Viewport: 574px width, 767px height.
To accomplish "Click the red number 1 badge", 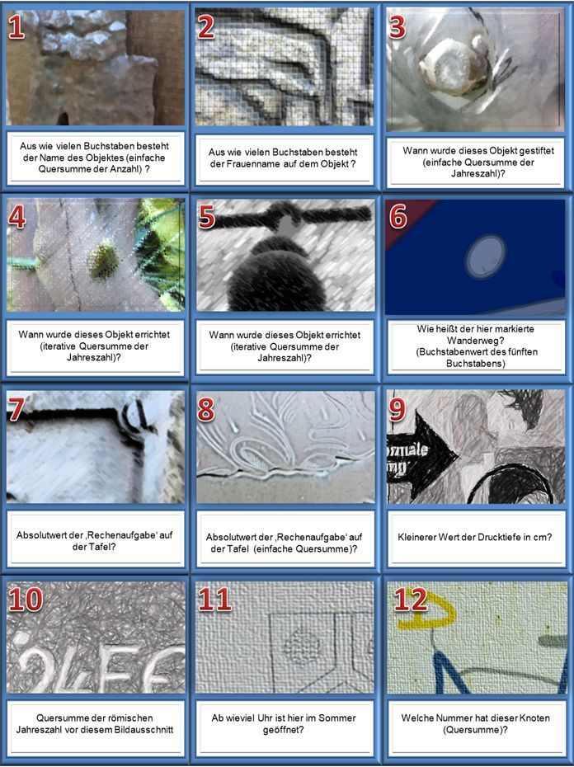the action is click(16, 27).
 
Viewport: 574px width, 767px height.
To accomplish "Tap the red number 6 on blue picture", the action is click(398, 216).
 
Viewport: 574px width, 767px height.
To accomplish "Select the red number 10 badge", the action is click(26, 599).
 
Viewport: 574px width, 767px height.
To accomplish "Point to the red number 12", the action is click(411, 599).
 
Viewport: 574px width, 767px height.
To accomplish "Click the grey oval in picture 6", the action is click(485, 256).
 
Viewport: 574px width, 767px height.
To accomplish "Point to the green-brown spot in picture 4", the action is click(104, 261).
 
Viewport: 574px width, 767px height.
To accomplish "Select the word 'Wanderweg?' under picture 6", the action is click(476, 340).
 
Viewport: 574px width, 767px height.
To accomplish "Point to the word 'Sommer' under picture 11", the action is click(337, 718).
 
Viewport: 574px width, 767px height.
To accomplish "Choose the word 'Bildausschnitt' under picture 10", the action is click(143, 730).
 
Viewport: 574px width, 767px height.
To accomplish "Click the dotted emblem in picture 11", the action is click(302, 645).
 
